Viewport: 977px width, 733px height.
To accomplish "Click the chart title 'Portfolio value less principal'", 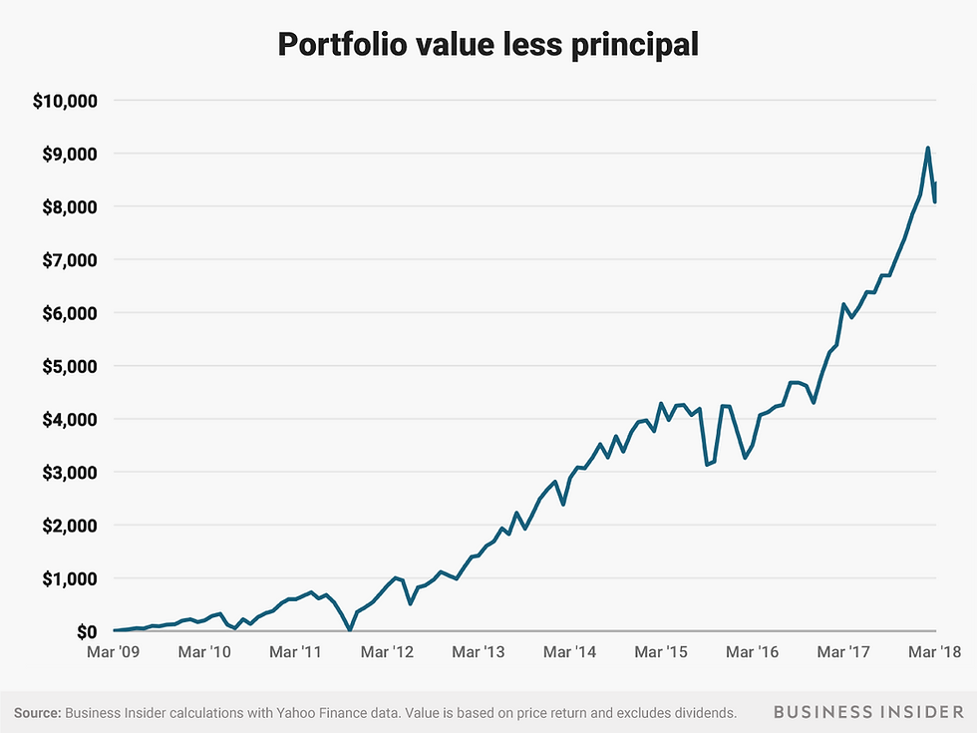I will tap(488, 45).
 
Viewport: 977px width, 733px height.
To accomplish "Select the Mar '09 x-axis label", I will tap(115, 652).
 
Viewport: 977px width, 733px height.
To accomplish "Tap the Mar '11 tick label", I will tap(297, 652).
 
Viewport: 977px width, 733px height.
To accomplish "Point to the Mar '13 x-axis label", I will tap(480, 652).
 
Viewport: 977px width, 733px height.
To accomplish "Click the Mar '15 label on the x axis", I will tap(662, 652).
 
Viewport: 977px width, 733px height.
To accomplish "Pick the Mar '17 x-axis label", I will tap(844, 652).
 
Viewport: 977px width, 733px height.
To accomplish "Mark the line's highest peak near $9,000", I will tap(928, 149).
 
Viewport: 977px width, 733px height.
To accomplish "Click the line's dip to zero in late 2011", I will tap(349, 629).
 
